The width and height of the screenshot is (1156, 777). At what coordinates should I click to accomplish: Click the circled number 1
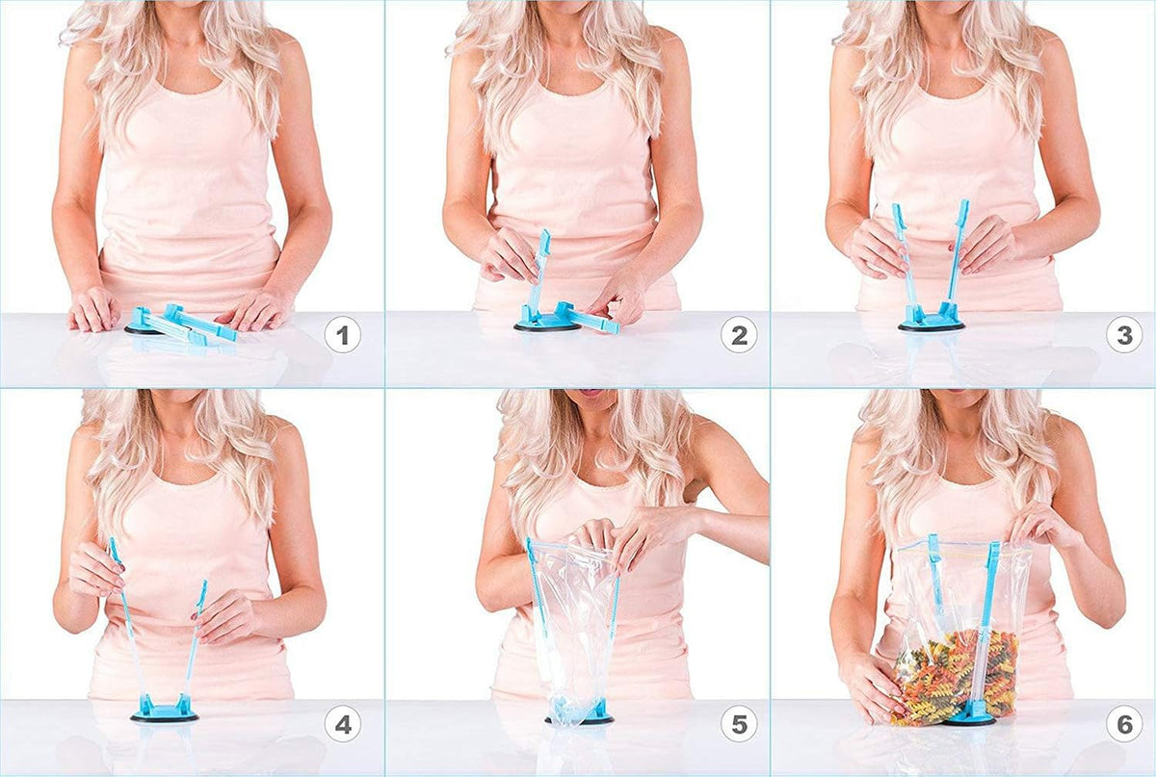(x=343, y=336)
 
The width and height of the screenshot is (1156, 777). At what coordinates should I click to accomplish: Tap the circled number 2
(x=740, y=336)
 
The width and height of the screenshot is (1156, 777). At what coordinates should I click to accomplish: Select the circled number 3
(x=1124, y=335)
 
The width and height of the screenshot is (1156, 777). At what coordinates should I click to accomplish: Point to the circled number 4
(x=343, y=724)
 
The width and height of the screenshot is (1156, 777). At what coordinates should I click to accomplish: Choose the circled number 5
(x=740, y=724)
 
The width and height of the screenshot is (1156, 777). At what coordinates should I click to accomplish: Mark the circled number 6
(x=1124, y=724)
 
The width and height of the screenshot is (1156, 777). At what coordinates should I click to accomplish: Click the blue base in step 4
(x=165, y=711)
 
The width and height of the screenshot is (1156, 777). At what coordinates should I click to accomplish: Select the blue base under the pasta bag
(x=970, y=718)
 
